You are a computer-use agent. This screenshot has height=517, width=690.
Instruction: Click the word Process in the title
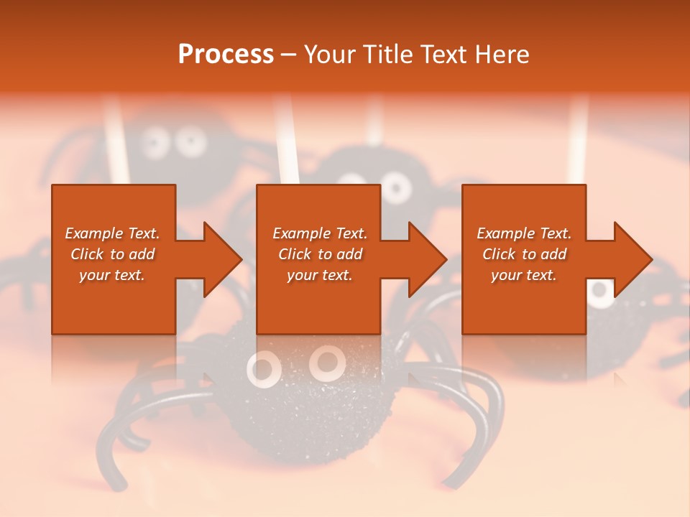[226, 55]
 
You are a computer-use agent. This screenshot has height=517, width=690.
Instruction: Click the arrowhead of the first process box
[222, 259]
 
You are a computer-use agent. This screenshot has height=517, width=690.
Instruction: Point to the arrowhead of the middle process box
[427, 259]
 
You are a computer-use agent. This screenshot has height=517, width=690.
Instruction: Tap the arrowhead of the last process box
[632, 259]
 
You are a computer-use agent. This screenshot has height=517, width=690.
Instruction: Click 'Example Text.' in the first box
[112, 233]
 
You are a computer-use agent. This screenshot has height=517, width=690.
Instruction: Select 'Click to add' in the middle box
[320, 254]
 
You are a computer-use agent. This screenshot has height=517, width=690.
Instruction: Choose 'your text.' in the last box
[523, 275]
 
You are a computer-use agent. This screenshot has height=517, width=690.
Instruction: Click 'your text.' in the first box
[112, 275]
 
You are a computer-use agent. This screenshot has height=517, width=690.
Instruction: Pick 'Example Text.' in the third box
[524, 233]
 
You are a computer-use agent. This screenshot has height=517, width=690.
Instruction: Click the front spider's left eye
[263, 368]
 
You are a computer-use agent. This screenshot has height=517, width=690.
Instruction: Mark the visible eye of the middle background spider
[395, 187]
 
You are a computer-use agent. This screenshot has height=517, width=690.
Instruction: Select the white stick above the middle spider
[374, 129]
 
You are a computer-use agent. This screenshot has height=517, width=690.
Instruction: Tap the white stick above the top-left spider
[117, 140]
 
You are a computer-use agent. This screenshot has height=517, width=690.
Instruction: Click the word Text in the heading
[440, 55]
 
